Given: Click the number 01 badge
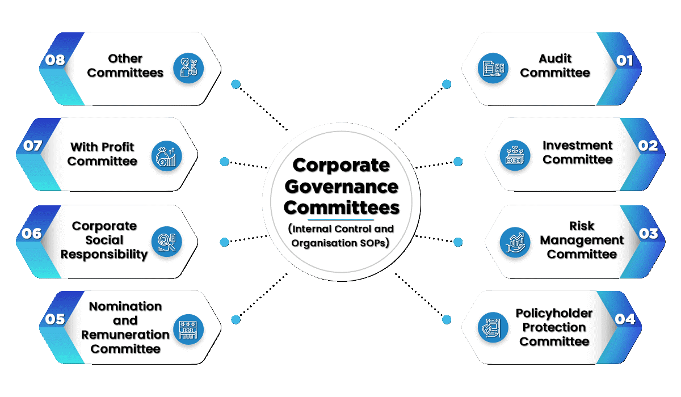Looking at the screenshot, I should (624, 61).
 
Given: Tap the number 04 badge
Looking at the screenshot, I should (624, 319).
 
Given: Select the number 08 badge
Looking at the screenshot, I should (55, 61).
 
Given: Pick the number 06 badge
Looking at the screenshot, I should (32, 234).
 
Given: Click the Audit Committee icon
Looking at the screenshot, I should (492, 69).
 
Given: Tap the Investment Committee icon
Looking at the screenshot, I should (515, 155).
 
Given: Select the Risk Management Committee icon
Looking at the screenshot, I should (515, 242).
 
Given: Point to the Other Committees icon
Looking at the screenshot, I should (188, 69).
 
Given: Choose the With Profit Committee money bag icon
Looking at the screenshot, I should (166, 155).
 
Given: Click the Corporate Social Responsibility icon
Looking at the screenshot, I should (166, 242).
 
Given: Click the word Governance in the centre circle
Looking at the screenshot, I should (340, 187).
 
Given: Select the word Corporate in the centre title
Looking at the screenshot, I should (340, 166).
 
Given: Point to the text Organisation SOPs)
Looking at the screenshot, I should (340, 243).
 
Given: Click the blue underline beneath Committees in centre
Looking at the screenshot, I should (340, 219).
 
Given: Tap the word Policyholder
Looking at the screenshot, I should (554, 313).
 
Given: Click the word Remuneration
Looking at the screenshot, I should (125, 335).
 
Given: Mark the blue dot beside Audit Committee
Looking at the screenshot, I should (447, 85).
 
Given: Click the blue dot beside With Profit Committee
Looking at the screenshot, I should (225, 162).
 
